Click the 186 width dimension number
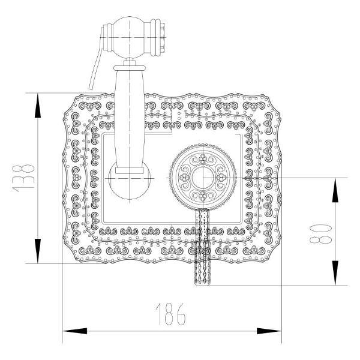[171, 314]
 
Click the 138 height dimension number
[23, 178]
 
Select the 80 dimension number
[320, 234]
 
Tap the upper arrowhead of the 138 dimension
[38, 106]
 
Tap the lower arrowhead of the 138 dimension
[38, 251]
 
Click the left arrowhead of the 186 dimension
[75, 331]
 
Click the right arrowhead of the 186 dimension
[269, 331]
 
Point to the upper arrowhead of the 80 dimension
[335, 190]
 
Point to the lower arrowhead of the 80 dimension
[335, 273]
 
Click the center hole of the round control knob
[203, 178]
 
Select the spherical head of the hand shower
[130, 37]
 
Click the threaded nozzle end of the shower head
[163, 37]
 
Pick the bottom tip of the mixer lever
[202, 284]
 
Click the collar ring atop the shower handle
[130, 68]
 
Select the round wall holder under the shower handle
[130, 181]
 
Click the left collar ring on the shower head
[107, 37]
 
